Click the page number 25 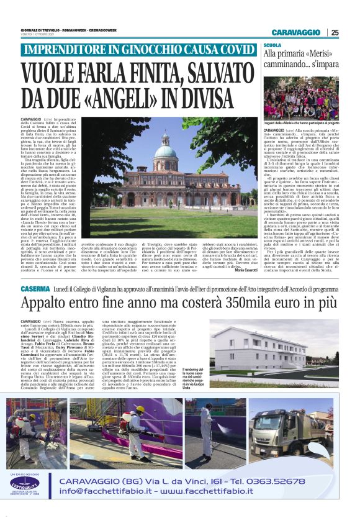[x=335, y=32]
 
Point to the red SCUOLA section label [x=272, y=45]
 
